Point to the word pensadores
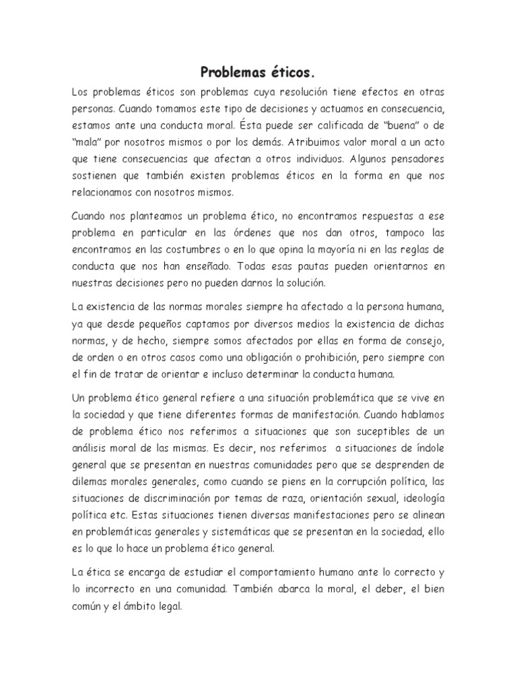[x=415, y=160]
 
